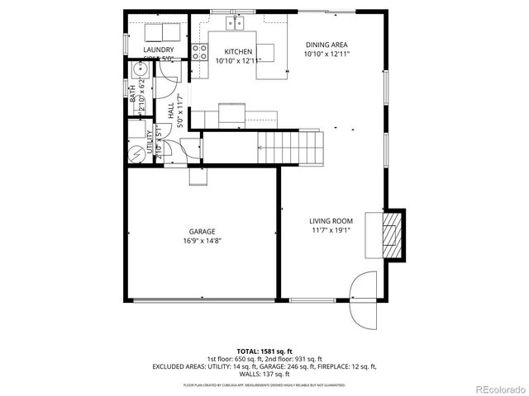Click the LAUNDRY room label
click(158, 50)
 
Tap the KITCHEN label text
click(232, 51)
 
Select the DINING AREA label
click(327, 45)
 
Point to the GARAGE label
click(202, 232)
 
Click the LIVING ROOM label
click(331, 220)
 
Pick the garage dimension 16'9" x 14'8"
click(202, 241)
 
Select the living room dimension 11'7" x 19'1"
click(331, 230)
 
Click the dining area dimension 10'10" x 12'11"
click(327, 54)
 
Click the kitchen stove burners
click(199, 53)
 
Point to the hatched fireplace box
click(390, 233)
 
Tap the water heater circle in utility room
click(137, 153)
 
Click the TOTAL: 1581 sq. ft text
click(264, 351)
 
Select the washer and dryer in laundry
click(161, 32)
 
